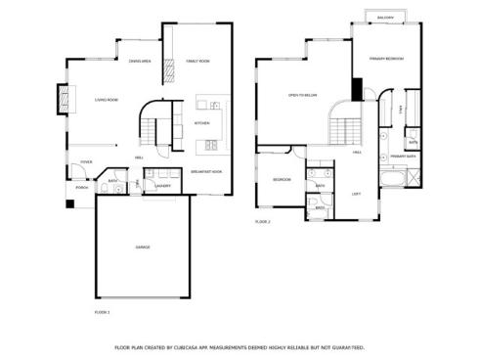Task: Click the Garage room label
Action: click(143, 247)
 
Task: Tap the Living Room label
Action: click(107, 100)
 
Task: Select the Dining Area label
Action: click(140, 61)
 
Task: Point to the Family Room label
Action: click(197, 61)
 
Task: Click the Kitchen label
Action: click(201, 123)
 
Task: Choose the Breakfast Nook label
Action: click(206, 172)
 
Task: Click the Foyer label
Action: click(86, 161)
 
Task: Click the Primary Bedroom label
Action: click(387, 59)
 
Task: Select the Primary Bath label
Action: click(404, 157)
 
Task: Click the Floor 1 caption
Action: click(102, 311)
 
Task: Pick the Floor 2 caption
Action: click(262, 222)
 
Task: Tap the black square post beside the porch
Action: click(69, 203)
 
